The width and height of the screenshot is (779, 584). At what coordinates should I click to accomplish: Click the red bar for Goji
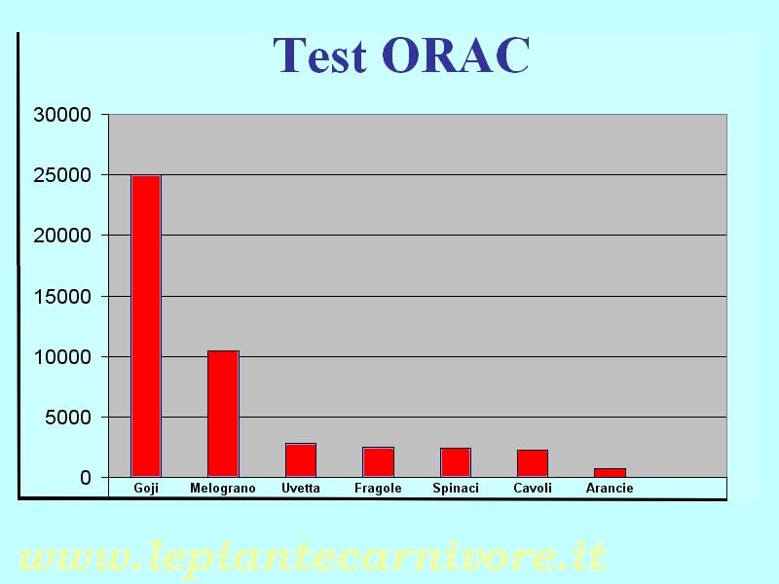[x=146, y=326]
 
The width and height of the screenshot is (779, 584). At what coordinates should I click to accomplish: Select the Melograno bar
[x=223, y=414]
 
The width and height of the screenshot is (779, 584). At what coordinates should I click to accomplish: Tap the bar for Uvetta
[x=301, y=460]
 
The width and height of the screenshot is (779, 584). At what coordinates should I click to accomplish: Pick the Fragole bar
[x=378, y=462]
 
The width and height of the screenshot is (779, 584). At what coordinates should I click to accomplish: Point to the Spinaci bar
[x=456, y=463]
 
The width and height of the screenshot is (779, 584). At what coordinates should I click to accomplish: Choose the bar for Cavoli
[x=533, y=464]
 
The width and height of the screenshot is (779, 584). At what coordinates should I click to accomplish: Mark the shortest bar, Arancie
[x=611, y=473]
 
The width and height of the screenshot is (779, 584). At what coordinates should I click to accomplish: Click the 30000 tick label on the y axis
[x=62, y=115]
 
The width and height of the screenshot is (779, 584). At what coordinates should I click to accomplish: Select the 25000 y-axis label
[x=62, y=175]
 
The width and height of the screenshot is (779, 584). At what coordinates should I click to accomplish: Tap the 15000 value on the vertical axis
[x=62, y=297]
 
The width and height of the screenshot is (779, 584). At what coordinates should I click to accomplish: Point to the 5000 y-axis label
[x=68, y=418]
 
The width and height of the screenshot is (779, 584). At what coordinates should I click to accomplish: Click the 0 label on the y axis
[x=86, y=478]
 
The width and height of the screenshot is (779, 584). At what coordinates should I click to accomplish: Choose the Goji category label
[x=146, y=489]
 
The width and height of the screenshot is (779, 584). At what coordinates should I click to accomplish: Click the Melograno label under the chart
[x=223, y=489]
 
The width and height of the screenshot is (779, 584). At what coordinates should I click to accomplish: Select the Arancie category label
[x=610, y=489]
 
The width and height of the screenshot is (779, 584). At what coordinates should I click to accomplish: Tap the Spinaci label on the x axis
[x=456, y=489]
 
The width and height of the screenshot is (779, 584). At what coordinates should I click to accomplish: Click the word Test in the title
[x=320, y=55]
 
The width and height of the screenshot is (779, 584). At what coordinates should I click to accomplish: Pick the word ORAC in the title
[x=456, y=55]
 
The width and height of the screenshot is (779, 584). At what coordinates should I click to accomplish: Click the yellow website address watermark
[x=312, y=558]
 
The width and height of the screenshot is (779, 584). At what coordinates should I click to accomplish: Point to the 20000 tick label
[x=62, y=236]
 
